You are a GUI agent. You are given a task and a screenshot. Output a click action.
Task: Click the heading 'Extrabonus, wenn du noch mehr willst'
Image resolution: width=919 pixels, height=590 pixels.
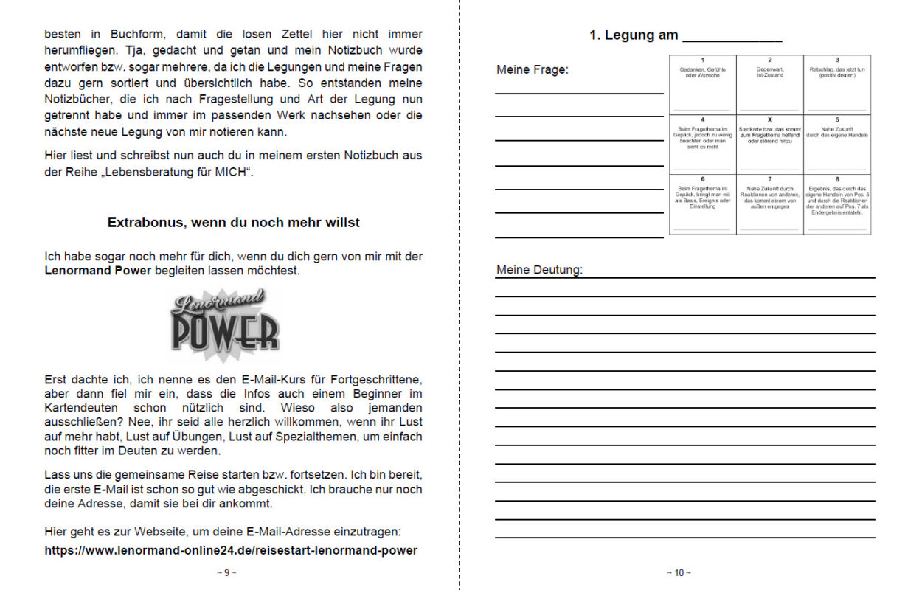234,222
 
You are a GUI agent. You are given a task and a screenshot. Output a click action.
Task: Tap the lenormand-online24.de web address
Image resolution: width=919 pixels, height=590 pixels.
231,550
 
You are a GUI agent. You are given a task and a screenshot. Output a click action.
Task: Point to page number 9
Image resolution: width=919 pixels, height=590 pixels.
226,572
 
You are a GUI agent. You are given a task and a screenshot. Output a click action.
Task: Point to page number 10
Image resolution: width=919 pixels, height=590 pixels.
679,572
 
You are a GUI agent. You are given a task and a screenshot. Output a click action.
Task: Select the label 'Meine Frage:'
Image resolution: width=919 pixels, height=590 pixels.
532,70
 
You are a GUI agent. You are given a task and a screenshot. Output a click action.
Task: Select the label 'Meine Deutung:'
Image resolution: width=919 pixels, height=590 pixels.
539,270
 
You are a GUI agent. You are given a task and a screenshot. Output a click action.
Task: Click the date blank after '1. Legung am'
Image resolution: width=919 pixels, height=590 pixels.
732,36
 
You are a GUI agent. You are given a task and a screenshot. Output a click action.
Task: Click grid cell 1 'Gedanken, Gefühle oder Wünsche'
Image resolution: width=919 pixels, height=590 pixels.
702,84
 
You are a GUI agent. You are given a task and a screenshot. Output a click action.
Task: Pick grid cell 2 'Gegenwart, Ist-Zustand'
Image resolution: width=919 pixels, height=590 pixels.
769,84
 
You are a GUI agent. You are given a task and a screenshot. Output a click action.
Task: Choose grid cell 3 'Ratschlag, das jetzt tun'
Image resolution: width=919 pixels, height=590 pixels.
836,84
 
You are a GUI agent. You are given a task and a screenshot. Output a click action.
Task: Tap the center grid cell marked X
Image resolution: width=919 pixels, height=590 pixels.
769,144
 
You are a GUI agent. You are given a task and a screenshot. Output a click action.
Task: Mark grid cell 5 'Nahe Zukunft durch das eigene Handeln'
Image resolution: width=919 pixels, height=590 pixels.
836,144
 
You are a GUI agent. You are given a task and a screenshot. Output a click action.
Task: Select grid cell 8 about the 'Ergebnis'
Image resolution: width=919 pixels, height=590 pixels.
836,204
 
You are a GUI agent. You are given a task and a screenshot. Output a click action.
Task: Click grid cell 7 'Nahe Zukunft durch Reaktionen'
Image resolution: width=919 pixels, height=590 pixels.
769,204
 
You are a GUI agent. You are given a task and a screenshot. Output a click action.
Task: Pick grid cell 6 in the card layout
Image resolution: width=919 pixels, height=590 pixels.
702,204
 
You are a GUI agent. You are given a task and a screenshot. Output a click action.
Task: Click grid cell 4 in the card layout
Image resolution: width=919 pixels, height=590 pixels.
702,144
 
